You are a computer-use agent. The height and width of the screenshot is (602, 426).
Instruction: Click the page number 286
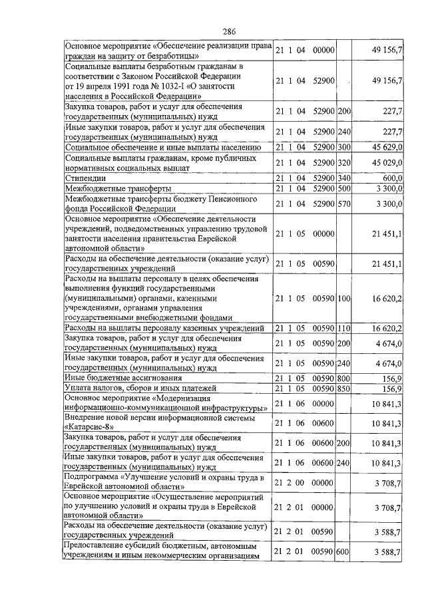pos(230,33)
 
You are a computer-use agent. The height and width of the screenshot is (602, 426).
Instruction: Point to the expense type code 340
pos(344,178)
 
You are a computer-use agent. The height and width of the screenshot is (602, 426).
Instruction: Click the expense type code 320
pos(344,162)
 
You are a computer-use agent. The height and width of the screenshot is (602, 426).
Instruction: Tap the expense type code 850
pos(344,388)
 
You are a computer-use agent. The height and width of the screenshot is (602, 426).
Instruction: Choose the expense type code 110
pos(344,328)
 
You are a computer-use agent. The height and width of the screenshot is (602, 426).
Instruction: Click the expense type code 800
pos(344,378)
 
